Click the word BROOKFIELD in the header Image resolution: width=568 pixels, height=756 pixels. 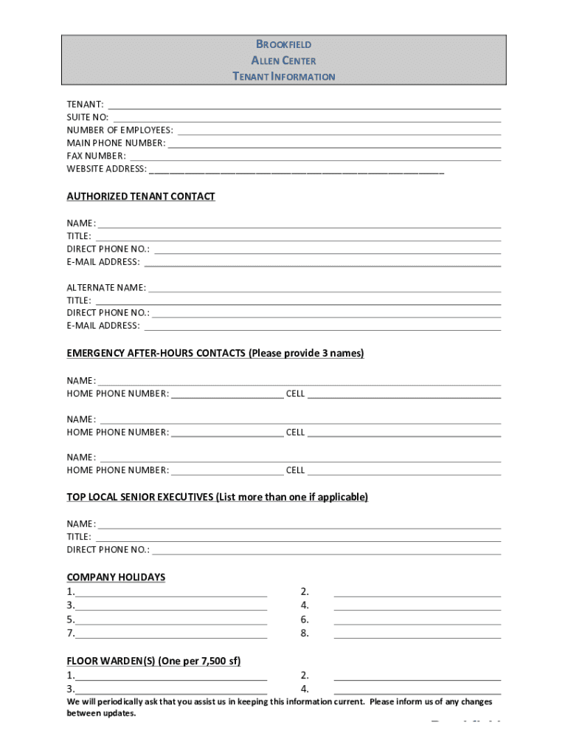(x=283, y=44)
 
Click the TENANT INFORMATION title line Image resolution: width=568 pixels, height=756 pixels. (x=283, y=77)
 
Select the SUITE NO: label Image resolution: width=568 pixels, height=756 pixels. (x=88, y=117)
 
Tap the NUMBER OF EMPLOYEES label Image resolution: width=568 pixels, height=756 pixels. (x=120, y=131)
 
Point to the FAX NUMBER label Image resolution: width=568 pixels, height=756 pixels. (x=97, y=157)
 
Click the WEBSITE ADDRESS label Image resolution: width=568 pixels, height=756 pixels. (x=107, y=169)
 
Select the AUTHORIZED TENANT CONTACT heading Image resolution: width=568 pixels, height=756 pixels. (x=141, y=196)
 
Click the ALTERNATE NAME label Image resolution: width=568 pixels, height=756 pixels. (x=106, y=287)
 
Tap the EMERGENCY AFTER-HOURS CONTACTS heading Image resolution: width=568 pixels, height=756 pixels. (x=215, y=354)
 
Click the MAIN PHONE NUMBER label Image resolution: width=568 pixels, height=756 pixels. (x=116, y=143)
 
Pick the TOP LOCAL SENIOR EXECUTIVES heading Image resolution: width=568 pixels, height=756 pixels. (x=217, y=497)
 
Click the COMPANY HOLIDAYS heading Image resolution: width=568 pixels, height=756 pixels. (x=116, y=577)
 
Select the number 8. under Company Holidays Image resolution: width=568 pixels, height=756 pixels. (x=305, y=633)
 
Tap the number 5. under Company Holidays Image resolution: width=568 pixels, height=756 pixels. (x=70, y=620)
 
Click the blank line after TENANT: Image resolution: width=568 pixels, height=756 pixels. (x=304, y=106)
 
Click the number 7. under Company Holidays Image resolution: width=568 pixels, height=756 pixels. (x=70, y=633)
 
